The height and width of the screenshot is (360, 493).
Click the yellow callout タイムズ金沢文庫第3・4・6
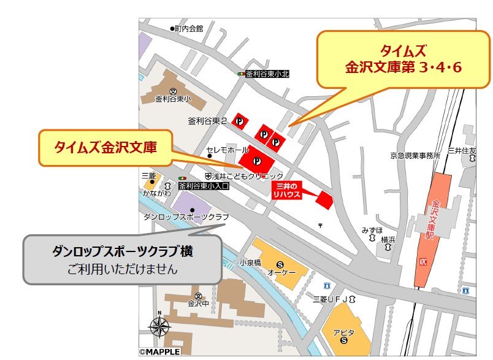[x=403, y=59]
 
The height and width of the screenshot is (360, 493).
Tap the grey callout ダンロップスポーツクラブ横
[x=122, y=259]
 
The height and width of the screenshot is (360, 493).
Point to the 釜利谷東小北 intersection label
[x=267, y=74]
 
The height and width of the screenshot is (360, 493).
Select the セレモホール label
[x=227, y=150]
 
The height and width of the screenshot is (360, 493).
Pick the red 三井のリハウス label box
[x=286, y=189]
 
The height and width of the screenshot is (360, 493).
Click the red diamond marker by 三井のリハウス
[x=324, y=201]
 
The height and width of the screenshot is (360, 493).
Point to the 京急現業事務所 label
[x=415, y=155]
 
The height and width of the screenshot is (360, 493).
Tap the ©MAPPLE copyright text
[x=160, y=352]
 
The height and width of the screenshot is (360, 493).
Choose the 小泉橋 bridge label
[x=250, y=262]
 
